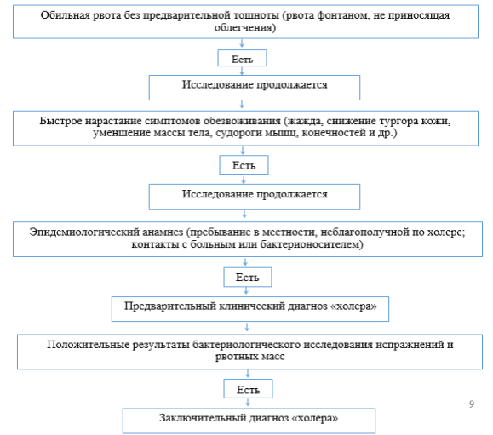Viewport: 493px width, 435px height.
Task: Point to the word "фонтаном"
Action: (x=342, y=15)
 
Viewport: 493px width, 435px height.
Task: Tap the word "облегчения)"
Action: (x=245, y=27)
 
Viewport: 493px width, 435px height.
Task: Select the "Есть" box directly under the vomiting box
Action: (x=242, y=58)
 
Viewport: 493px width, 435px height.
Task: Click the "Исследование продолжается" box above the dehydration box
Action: (x=255, y=88)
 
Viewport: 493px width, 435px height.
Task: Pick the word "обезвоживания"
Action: (x=242, y=121)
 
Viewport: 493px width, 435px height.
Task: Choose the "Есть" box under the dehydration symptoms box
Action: (x=244, y=164)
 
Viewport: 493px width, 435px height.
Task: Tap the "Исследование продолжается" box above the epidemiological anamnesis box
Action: (x=255, y=197)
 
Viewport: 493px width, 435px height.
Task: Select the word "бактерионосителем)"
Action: (x=312, y=244)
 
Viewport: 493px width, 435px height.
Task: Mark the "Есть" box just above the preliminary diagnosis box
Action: (x=248, y=278)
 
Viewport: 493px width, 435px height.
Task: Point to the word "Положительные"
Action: (x=88, y=345)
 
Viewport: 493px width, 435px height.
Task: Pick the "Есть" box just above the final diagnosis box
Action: (x=248, y=389)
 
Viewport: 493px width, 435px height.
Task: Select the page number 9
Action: (x=472, y=404)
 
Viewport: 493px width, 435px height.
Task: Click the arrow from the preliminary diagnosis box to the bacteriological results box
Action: (x=247, y=328)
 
